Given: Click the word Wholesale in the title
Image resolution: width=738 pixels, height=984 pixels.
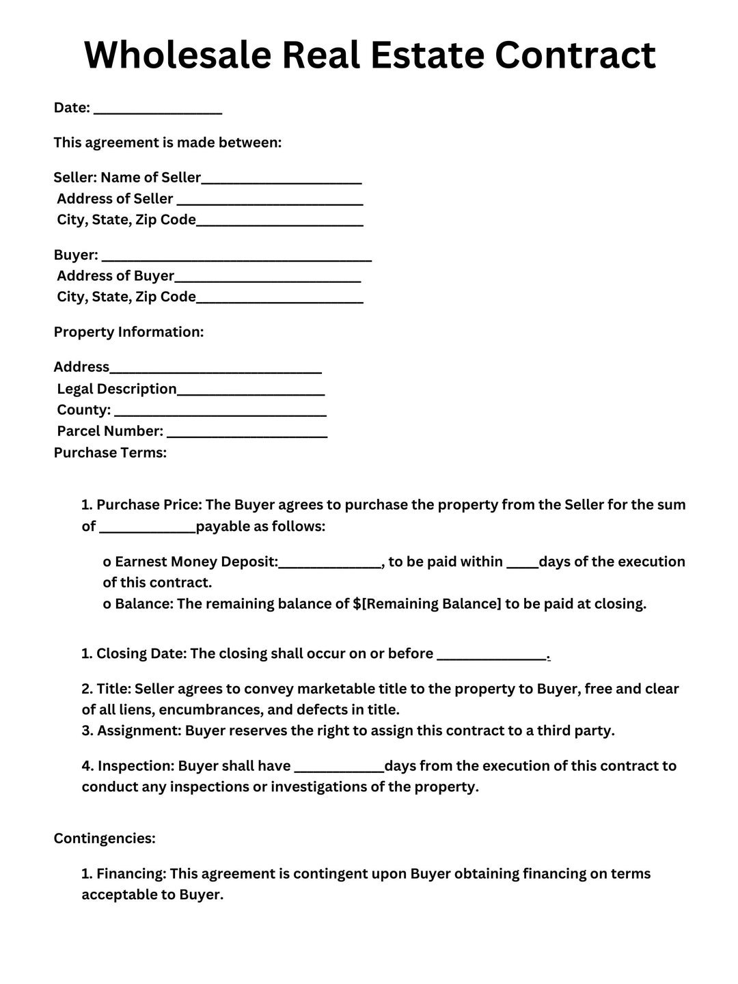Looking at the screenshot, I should pos(178,55).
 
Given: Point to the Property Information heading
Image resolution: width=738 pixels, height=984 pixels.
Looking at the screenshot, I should pos(128,332).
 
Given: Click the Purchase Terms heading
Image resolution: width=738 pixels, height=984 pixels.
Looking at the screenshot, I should pos(110,452).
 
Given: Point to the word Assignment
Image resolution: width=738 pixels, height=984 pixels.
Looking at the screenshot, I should pos(139,730).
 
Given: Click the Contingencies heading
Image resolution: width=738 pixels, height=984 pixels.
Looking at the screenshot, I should pos(105,838).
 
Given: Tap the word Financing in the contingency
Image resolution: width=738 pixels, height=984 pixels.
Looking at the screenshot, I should pos(131,874).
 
